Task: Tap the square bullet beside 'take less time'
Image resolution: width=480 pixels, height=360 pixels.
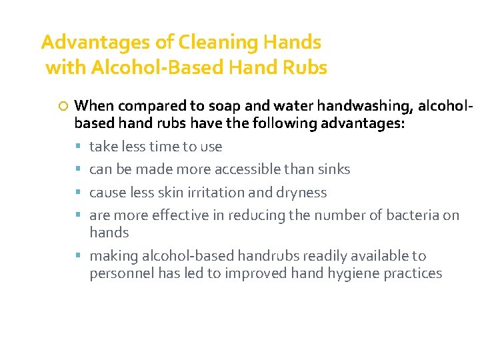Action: pos(78,147)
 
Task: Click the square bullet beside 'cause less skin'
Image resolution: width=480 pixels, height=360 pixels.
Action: pos(78,193)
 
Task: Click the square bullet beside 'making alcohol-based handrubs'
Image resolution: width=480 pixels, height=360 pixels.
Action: pos(78,256)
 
